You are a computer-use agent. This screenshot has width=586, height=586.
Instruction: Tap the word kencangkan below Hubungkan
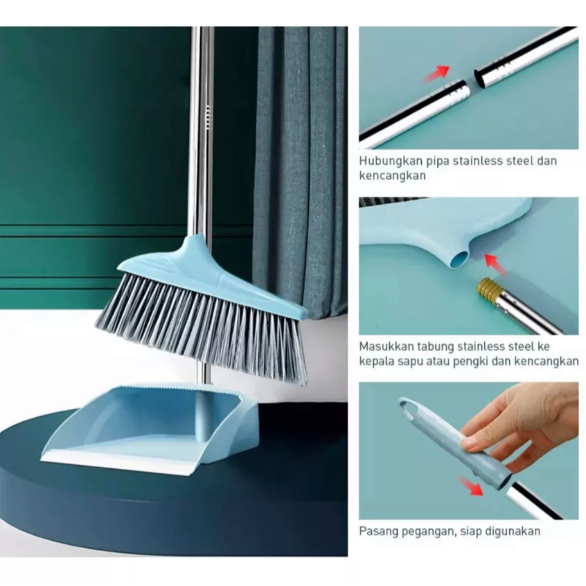coord(393,176)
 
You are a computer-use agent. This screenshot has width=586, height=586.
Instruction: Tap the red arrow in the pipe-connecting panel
coord(435,73)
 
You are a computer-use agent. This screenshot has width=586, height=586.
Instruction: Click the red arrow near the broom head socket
coord(495,263)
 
